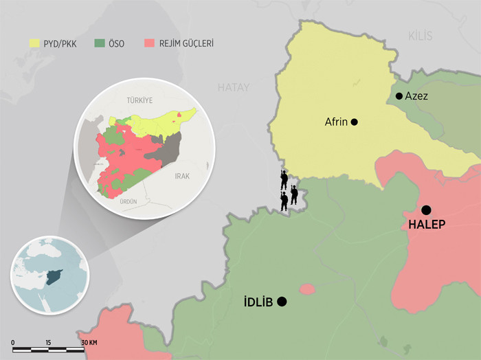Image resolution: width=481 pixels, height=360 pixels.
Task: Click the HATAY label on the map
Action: coord(234,87)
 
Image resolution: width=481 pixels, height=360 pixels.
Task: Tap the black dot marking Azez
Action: coord(399,96)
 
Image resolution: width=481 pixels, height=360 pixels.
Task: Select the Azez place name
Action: coord(416,96)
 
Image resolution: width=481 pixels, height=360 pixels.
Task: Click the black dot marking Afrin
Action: coord(355,122)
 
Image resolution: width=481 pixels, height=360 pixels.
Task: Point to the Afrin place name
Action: coord(337,122)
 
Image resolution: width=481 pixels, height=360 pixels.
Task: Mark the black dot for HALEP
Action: coord(426,210)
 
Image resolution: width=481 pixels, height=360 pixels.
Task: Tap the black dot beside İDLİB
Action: coord(282,302)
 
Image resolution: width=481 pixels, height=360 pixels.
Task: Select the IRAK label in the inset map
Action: coord(181,176)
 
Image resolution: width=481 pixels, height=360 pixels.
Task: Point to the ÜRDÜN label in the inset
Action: coord(128,201)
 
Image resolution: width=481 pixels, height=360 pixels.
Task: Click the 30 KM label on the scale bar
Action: coord(89,342)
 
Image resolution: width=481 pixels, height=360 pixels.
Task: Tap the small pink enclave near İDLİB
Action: coord(307,289)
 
